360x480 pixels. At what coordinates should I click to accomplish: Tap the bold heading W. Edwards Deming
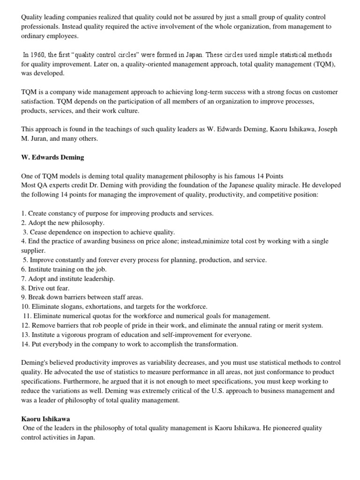coord(52,157)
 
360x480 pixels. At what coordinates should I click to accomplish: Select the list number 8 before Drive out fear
coord(24,288)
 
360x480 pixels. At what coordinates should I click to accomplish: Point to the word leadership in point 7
coord(98,278)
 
